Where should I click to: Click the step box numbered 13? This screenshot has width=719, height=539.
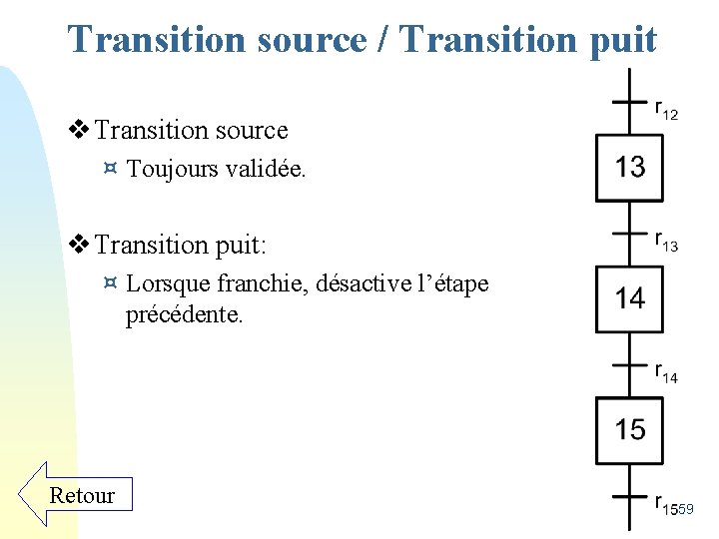pos(630,168)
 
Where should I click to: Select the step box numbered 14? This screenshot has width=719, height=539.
pos(630,298)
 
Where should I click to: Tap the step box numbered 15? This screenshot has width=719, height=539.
pos(630,430)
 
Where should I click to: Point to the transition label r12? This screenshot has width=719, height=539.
pos(666,110)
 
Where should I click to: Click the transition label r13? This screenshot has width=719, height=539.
pos(666,243)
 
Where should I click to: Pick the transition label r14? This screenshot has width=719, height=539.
pos(666,374)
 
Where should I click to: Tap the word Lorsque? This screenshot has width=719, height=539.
pos(166,284)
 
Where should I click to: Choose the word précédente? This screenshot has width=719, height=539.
pos(184,316)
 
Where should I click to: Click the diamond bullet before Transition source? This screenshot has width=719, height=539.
pos(79,130)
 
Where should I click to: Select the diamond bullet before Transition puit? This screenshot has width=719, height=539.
pos(79,244)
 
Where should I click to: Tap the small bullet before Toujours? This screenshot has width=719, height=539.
pos(111,170)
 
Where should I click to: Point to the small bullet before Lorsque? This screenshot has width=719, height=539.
pos(111,283)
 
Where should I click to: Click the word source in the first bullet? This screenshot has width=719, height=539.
pos(249,131)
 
